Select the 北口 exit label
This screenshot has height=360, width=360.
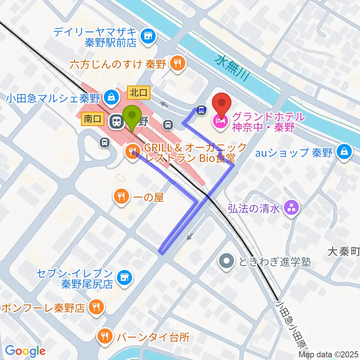pyautogui.click(x=139, y=91)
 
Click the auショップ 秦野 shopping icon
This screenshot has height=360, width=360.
pyautogui.click(x=343, y=153)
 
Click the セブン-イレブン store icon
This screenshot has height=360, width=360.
pyautogui.click(x=124, y=278)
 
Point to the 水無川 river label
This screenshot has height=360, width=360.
pyautogui.click(x=232, y=67)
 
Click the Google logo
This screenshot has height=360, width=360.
pyautogui.click(x=25, y=351)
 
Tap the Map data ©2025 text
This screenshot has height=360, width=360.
pyautogui.click(x=329, y=354)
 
